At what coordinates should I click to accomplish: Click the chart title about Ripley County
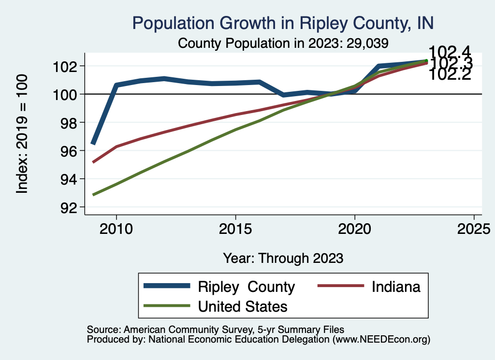pyautogui.click(x=283, y=23)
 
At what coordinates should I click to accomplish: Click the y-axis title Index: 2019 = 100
pyautogui.click(x=23, y=134)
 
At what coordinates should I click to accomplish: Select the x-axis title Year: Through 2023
pyautogui.click(x=283, y=258)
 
